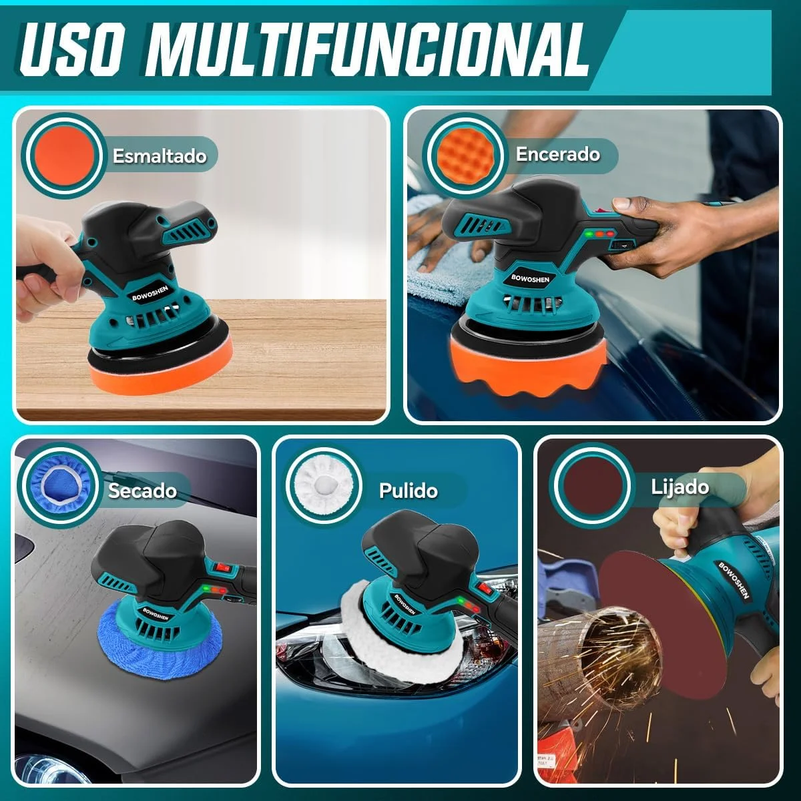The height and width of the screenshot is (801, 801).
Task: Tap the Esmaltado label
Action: (160, 156)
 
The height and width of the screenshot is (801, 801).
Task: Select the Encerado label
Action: (558, 154)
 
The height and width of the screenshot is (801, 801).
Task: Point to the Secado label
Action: (143, 491)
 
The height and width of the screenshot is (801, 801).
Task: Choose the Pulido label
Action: (409, 491)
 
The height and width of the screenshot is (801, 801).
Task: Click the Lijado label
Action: (680, 487)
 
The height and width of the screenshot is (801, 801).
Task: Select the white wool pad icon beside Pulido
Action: (322, 485)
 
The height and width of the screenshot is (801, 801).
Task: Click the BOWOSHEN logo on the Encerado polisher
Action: (530, 279)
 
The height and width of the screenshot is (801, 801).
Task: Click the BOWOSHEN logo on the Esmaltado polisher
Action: (150, 293)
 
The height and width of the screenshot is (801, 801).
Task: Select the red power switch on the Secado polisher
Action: (219, 567)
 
